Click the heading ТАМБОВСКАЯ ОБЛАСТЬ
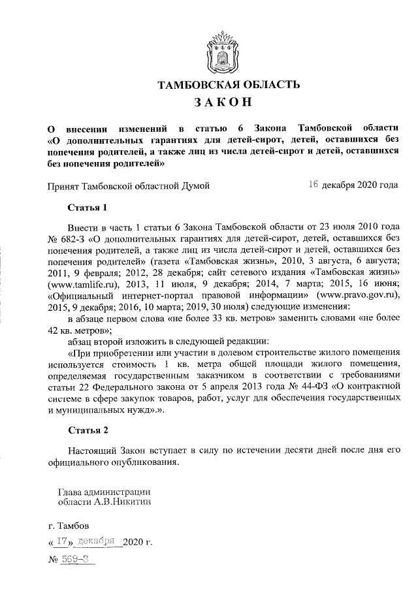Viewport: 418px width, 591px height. coord(220,84)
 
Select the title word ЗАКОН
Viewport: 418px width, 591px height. coord(220,103)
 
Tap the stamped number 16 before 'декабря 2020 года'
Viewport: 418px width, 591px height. coord(313,185)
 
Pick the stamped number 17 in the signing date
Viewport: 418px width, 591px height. coord(63,541)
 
